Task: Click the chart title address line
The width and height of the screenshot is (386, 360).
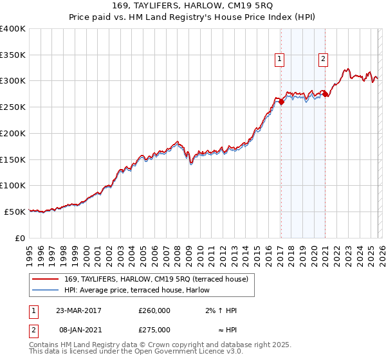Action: click(193, 6)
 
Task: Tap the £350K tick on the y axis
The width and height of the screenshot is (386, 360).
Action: click(13, 55)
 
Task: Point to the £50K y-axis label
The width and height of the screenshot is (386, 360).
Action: click(15, 212)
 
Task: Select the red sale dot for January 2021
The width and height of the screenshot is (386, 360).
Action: click(325, 94)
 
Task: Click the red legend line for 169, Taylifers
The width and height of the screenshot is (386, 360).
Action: click(46, 279)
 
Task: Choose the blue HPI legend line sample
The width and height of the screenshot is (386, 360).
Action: click(46, 291)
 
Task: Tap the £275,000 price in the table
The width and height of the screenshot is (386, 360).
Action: click(154, 330)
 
